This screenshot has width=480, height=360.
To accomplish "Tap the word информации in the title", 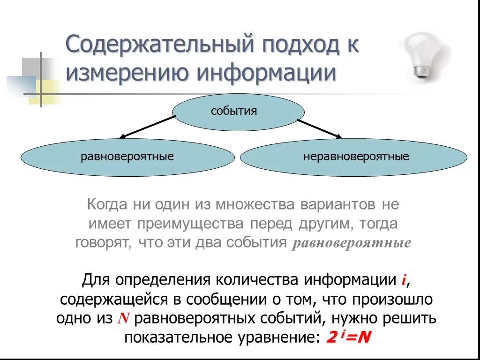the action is tap(266, 74).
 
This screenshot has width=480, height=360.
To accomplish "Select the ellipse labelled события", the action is tap(239, 111).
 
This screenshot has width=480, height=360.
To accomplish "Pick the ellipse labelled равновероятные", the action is tap(127, 157).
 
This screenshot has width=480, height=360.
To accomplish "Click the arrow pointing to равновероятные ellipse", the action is tap(147, 127).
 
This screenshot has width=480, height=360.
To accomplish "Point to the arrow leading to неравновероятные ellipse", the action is tap(319, 128).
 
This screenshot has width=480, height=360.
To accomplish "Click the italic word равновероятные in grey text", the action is tap(352, 244).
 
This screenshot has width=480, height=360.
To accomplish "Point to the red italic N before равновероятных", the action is tap(123, 319).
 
